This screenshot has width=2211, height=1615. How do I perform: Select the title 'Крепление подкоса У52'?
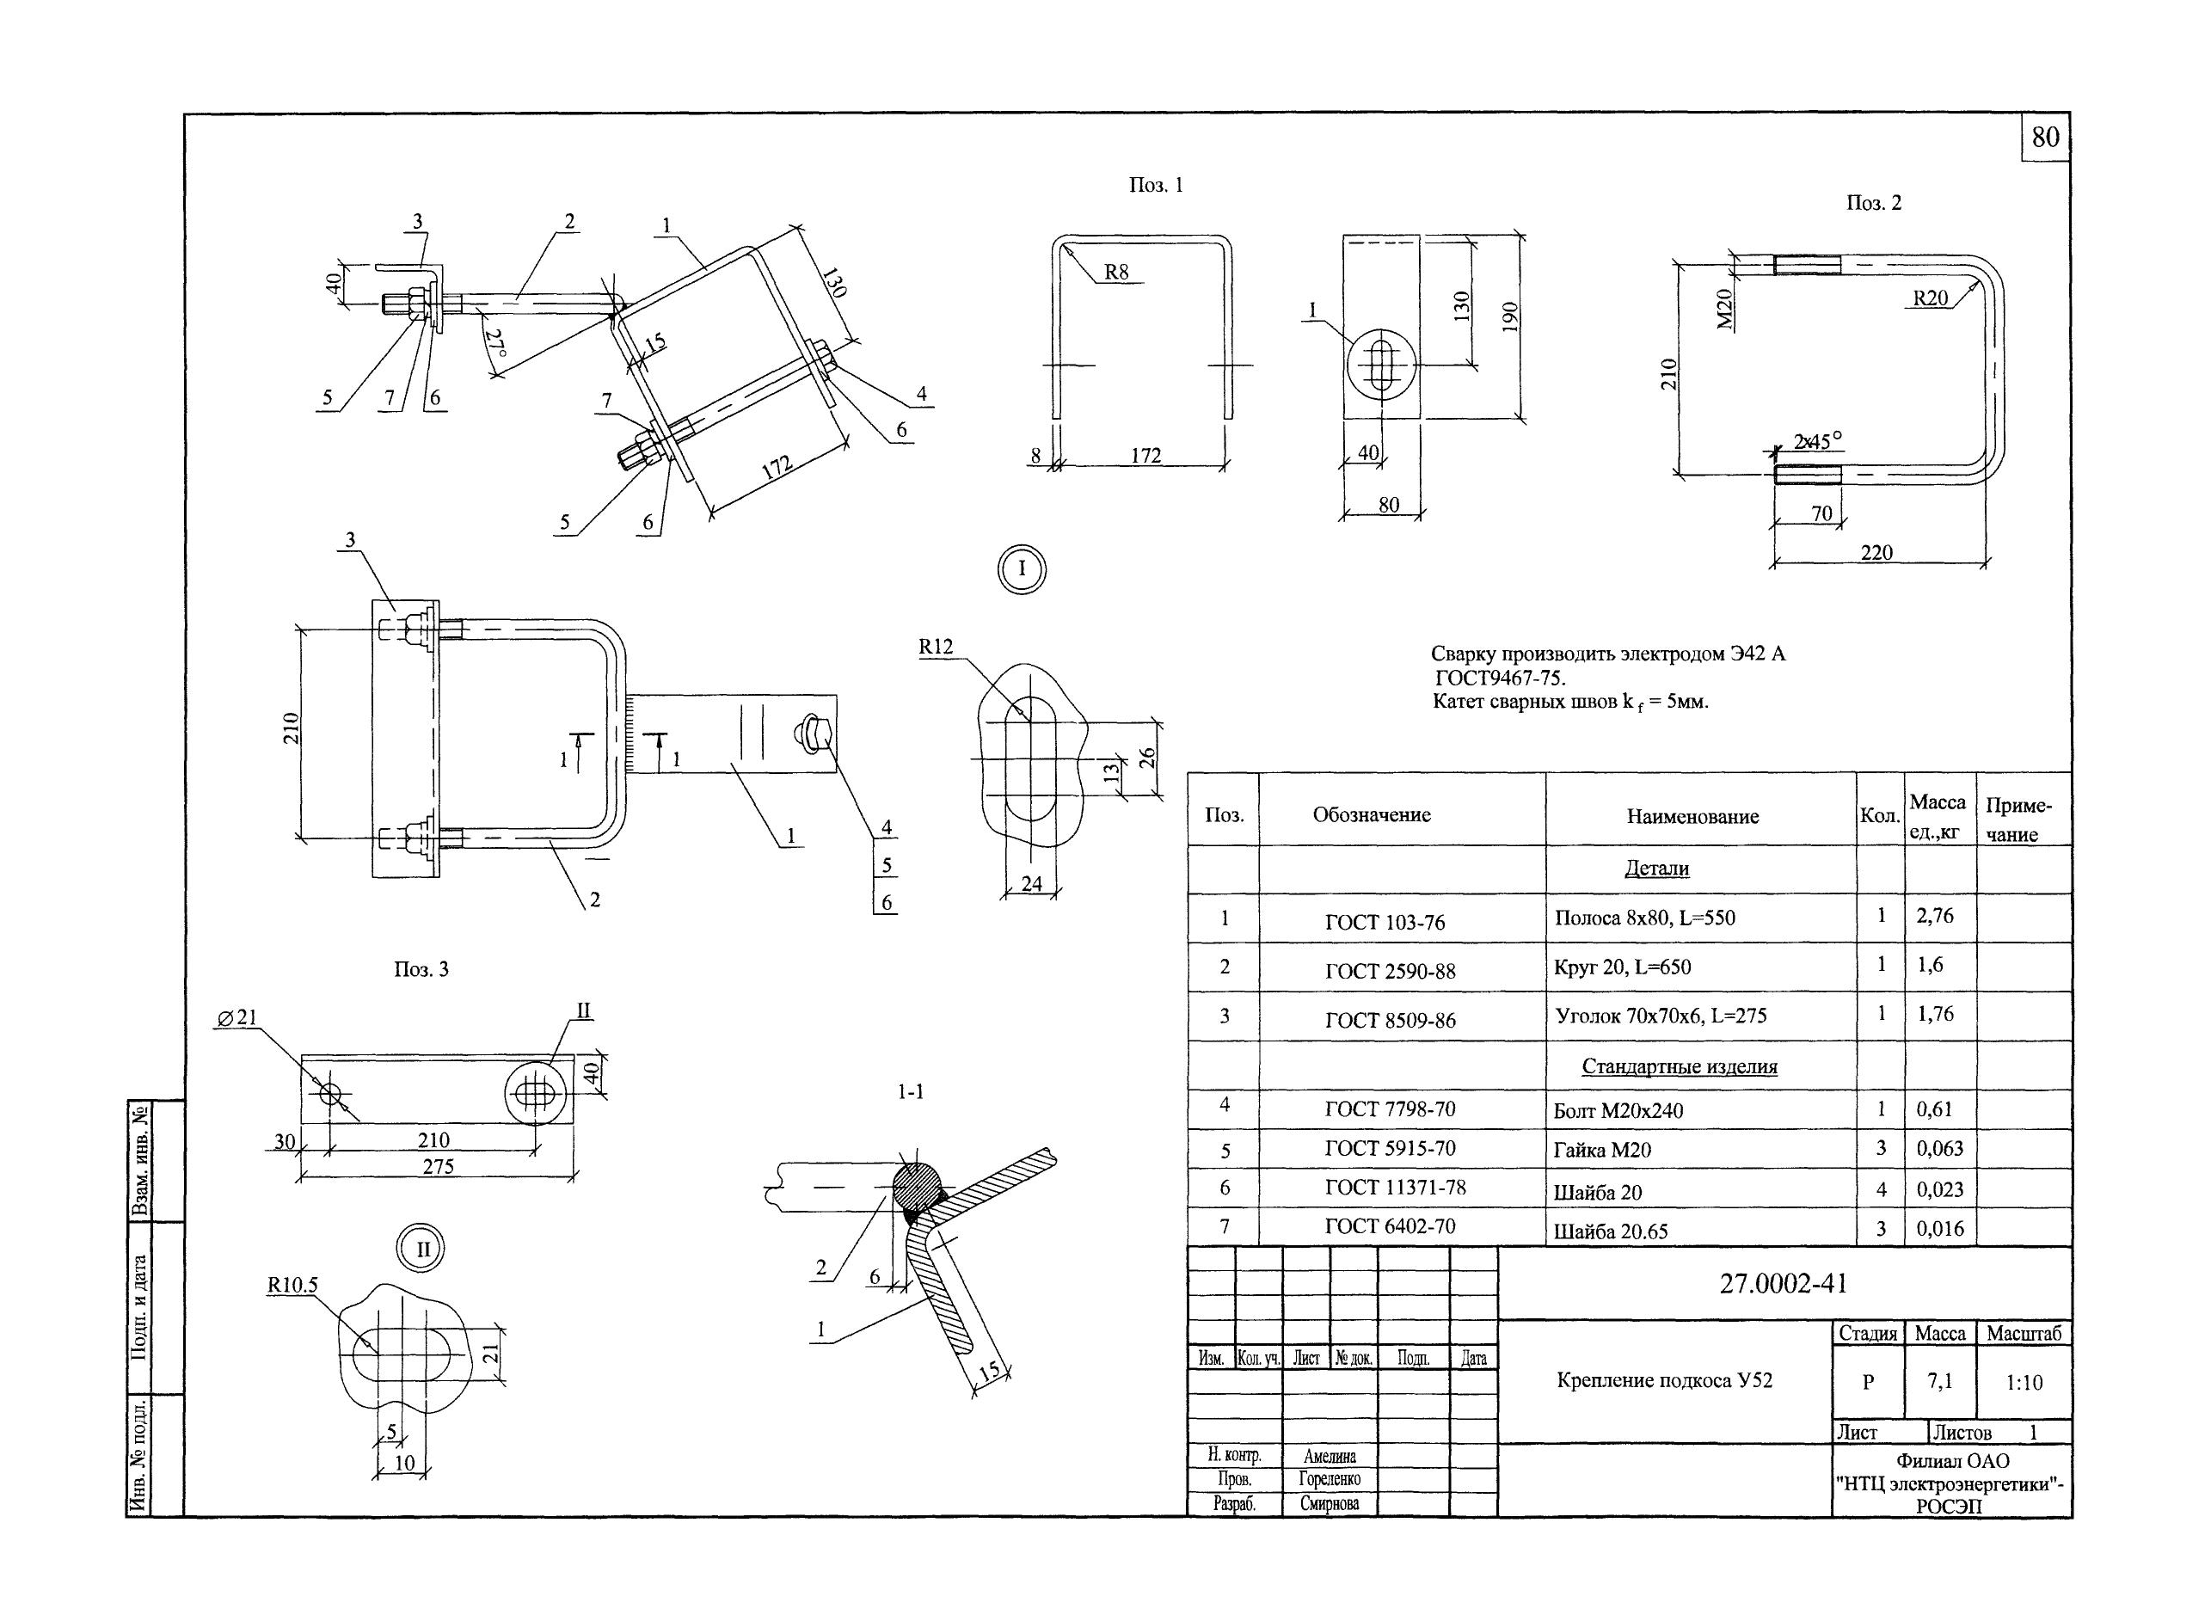(x=1664, y=1380)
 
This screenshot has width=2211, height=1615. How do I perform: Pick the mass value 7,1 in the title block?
(x=1939, y=1381)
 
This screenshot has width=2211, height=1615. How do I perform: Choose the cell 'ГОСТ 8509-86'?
(x=1390, y=1021)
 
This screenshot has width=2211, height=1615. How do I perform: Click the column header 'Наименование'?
(x=1692, y=816)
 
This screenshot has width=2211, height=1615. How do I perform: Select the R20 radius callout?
(x=1931, y=298)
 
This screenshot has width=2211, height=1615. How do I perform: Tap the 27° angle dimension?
(x=495, y=345)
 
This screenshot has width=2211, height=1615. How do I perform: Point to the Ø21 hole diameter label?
(x=236, y=1017)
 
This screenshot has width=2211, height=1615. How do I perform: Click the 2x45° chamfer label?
(x=1817, y=442)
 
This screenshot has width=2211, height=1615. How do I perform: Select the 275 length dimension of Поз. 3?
(x=438, y=1166)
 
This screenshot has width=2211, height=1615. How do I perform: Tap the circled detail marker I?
(x=1022, y=569)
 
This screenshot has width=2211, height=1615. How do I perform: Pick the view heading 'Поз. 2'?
(x=1873, y=203)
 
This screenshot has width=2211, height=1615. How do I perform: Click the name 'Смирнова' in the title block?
(x=1329, y=1503)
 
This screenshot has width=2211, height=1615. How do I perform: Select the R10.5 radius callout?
(x=292, y=1286)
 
